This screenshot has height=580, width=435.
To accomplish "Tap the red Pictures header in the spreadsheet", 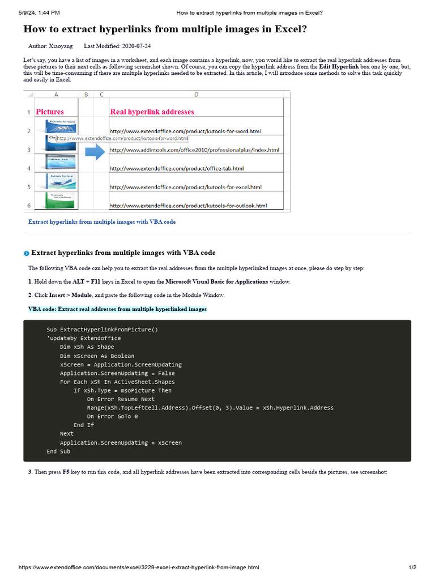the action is pyautogui.click(x=50, y=112).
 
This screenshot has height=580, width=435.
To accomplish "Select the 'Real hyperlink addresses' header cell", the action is pyautogui.click(x=152, y=112).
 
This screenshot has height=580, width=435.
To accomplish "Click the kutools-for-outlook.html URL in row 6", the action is pyautogui.click(x=188, y=205).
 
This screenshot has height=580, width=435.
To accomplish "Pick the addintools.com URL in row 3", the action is pyautogui.click(x=194, y=150).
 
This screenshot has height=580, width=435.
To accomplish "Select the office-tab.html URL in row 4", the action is pyautogui.click(x=176, y=168).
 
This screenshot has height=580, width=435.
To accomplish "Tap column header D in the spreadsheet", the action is pyautogui.click(x=196, y=95).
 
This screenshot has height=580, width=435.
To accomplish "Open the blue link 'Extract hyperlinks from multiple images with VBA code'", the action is pyautogui.click(x=102, y=222).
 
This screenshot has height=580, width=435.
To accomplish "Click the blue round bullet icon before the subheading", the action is pyautogui.click(x=27, y=253).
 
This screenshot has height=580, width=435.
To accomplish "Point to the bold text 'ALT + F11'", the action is pyautogui.click(x=87, y=282).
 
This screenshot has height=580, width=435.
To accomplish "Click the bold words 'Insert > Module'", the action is pyautogui.click(x=70, y=295).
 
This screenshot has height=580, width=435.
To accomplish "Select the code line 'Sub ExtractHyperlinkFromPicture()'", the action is pyautogui.click(x=102, y=330).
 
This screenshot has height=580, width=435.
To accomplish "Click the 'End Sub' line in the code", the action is pyautogui.click(x=58, y=451).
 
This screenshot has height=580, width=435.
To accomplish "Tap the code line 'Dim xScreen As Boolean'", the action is pyautogui.click(x=97, y=356).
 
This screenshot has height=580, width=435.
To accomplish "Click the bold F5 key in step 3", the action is pyautogui.click(x=66, y=472).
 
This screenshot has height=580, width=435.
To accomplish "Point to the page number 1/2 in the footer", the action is pyautogui.click(x=412, y=568).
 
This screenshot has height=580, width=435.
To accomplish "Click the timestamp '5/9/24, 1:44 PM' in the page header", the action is pyautogui.click(x=39, y=12).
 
